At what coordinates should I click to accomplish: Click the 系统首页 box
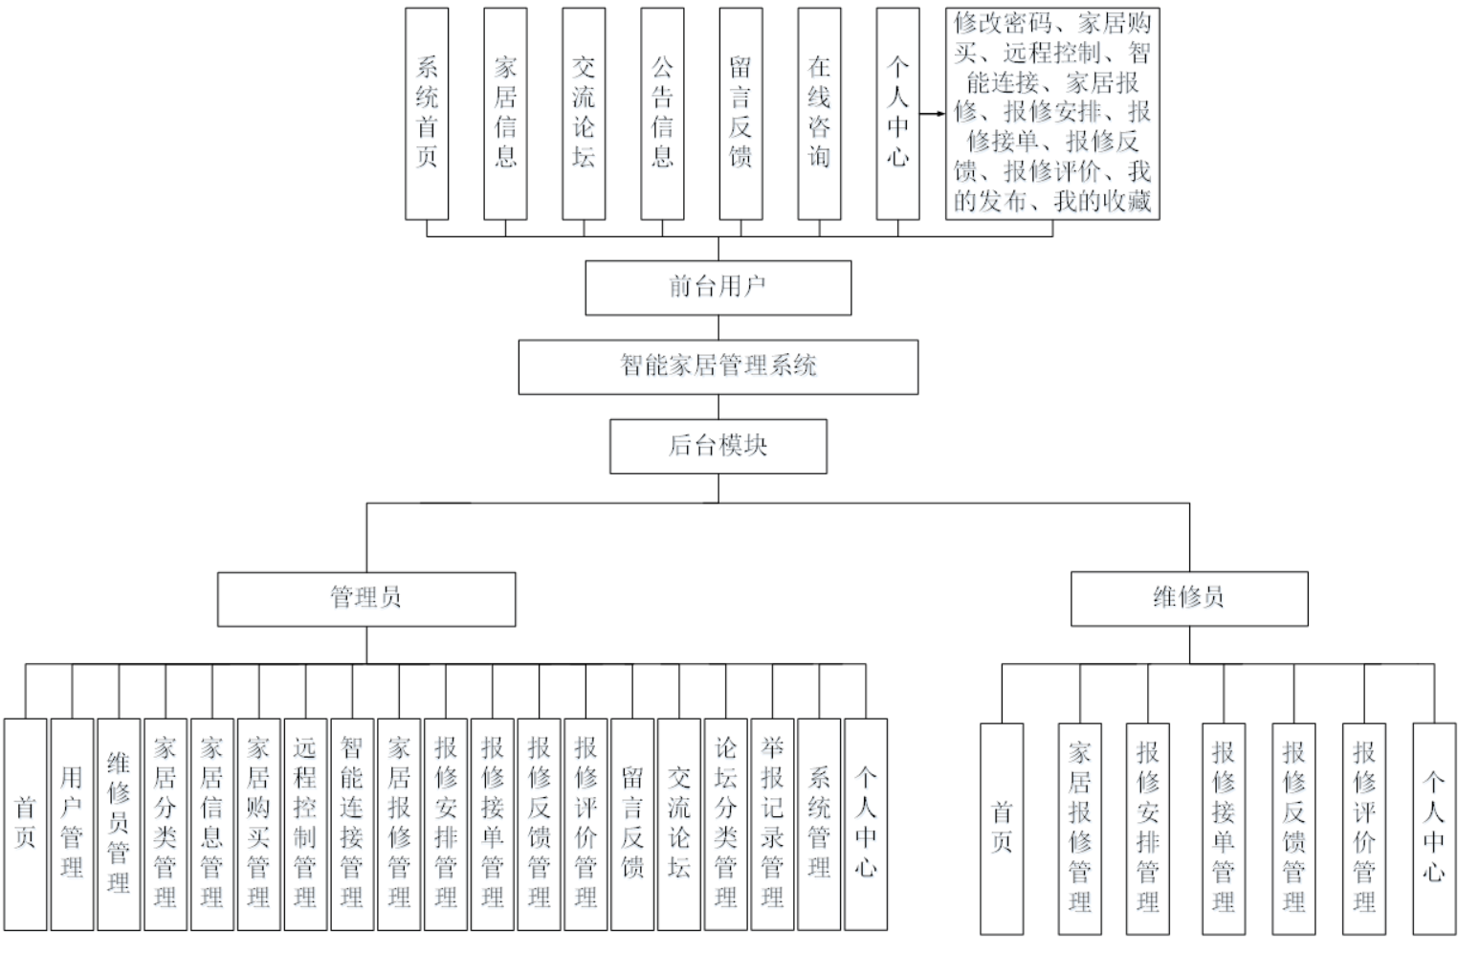click(427, 114)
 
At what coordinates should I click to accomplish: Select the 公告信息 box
click(662, 114)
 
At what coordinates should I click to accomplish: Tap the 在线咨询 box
click(819, 114)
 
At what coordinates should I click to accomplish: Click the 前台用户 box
click(718, 287)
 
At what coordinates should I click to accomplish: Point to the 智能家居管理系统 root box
click(718, 366)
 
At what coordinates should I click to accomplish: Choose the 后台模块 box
click(718, 446)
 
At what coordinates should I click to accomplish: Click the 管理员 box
click(365, 599)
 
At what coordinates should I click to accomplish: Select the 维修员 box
click(1189, 599)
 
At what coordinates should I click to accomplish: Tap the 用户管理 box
click(72, 824)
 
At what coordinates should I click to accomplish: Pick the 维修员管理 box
click(119, 824)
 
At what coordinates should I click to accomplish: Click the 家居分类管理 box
click(166, 824)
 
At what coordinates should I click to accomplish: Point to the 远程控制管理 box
click(305, 824)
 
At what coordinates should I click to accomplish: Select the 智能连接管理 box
click(352, 824)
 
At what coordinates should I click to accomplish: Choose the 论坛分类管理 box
click(726, 824)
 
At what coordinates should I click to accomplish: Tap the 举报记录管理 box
click(773, 824)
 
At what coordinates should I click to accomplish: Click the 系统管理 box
click(819, 824)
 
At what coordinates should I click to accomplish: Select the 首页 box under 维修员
click(1002, 828)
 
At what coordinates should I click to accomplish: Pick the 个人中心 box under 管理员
click(866, 824)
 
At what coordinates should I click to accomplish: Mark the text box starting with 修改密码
click(1052, 114)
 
